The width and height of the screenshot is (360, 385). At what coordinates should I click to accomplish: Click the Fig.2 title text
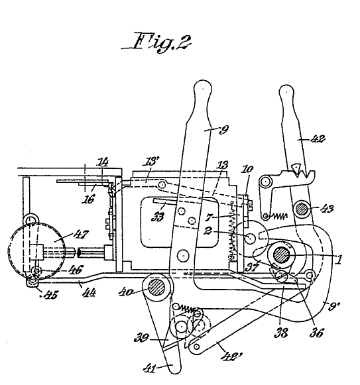(156, 42)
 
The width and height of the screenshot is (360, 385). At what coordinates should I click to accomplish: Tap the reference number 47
(82, 234)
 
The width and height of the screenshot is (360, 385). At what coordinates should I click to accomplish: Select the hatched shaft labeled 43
(302, 209)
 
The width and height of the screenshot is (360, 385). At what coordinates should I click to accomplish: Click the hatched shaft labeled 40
(156, 287)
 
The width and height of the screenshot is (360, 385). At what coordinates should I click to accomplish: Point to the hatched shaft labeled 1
(281, 255)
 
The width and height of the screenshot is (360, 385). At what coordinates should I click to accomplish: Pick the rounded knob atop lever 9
(203, 89)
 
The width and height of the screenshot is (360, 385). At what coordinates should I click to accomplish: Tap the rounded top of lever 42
(286, 92)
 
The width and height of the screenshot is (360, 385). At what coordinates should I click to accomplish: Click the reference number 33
(158, 217)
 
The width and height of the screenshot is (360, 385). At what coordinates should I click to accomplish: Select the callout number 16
(88, 199)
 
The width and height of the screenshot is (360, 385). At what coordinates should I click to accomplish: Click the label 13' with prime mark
(150, 162)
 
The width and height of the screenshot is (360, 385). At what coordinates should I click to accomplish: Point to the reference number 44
(90, 292)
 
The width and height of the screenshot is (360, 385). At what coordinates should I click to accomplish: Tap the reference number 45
(51, 294)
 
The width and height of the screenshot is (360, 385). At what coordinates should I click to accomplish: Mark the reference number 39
(141, 338)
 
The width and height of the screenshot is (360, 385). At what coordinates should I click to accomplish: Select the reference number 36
(316, 333)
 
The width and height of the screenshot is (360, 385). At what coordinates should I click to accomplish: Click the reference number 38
(281, 333)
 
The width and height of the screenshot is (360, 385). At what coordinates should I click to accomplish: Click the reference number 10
(247, 169)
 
